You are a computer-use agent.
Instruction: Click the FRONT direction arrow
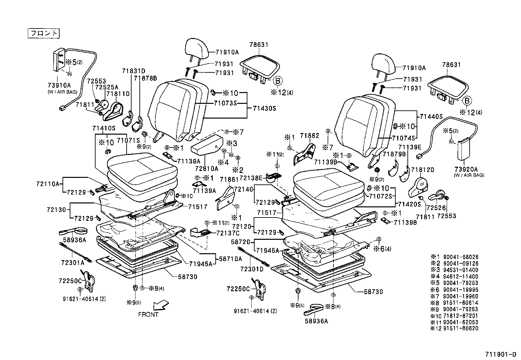click(x=162, y=304)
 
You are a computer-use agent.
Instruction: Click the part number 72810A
click(x=206, y=169)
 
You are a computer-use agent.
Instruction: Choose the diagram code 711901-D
click(x=500, y=354)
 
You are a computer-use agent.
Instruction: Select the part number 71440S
click(x=431, y=116)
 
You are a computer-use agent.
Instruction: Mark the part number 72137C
click(x=228, y=233)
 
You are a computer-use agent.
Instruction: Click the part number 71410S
click(x=104, y=128)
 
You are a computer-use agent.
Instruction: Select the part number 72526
click(x=434, y=208)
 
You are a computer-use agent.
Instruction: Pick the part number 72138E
click(x=251, y=178)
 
